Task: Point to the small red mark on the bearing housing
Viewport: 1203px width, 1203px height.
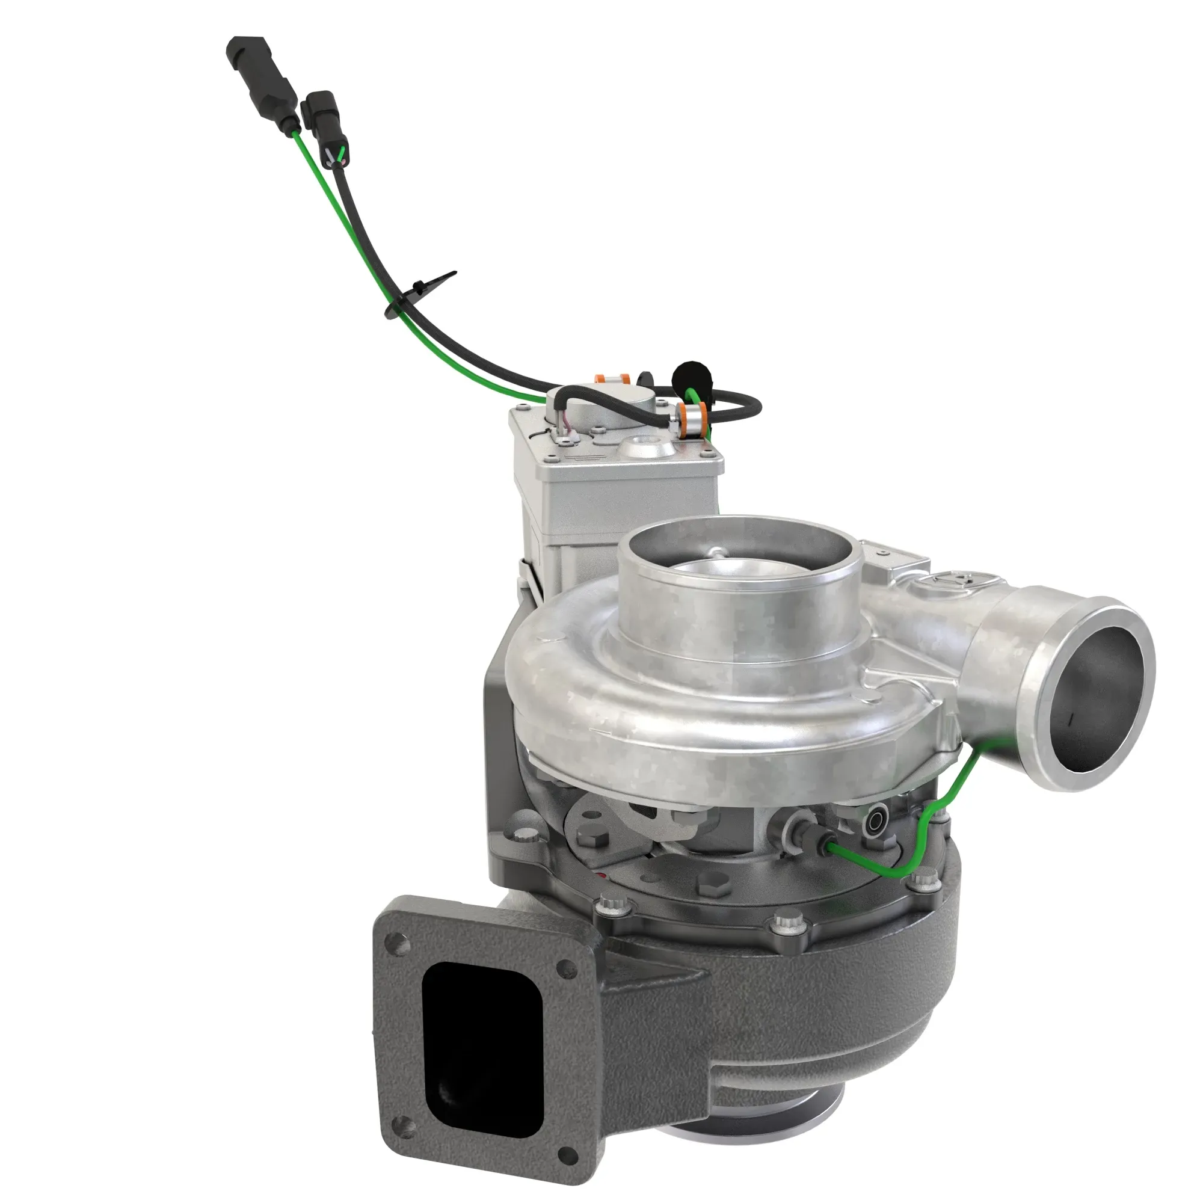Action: (600, 877)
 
